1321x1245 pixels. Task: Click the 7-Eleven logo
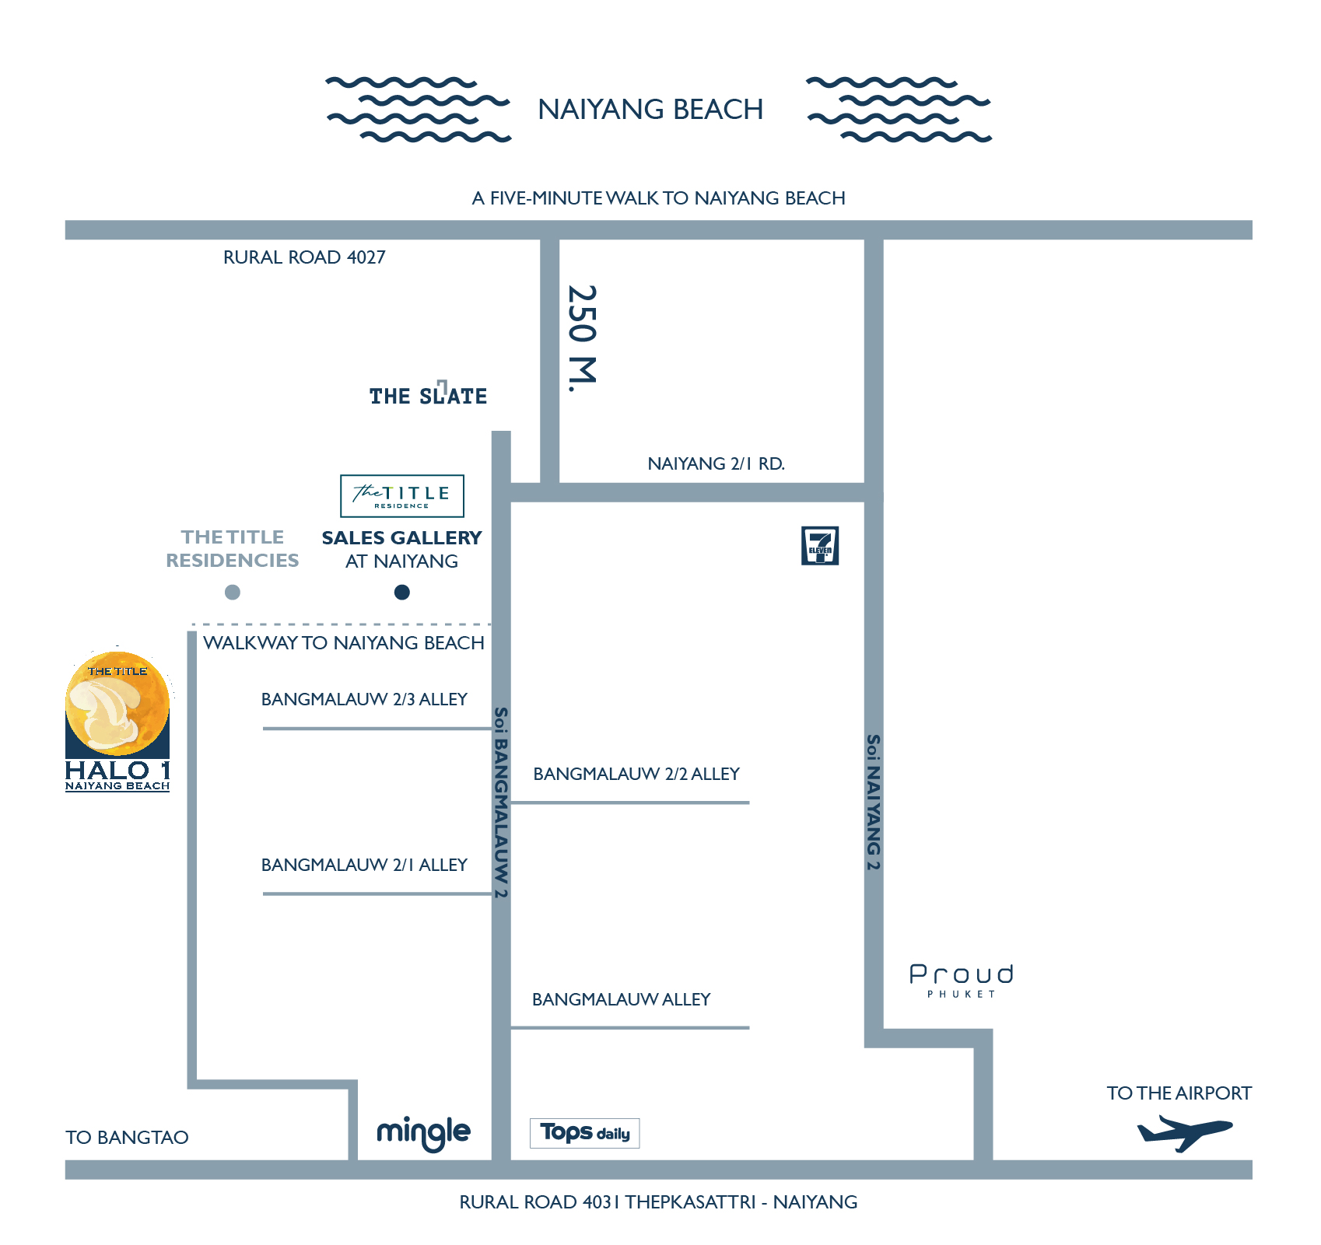coord(820,546)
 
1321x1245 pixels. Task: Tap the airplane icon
coord(1184,1132)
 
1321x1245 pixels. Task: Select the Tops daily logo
coord(585,1133)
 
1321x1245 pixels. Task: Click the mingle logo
coord(423,1133)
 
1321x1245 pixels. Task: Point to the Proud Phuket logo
coord(962,979)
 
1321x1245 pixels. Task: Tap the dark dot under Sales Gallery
coord(402,593)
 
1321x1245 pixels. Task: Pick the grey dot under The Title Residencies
coord(232,593)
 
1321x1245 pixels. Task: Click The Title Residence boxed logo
coord(402,496)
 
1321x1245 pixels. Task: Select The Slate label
coord(428,396)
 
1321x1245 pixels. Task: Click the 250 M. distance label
coord(582,338)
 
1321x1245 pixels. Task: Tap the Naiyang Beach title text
coord(650,110)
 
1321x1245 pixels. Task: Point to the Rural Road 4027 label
coord(304,257)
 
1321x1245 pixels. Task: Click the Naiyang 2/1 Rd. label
coord(716,464)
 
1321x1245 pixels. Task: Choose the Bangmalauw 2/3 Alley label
coord(364,699)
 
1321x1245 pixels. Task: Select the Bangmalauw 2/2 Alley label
coord(636,774)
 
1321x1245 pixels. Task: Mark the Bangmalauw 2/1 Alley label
coord(364,865)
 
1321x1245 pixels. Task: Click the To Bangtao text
coord(127,1138)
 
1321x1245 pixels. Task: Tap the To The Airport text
coord(1179,1093)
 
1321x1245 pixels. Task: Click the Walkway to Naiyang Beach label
coord(344,643)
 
